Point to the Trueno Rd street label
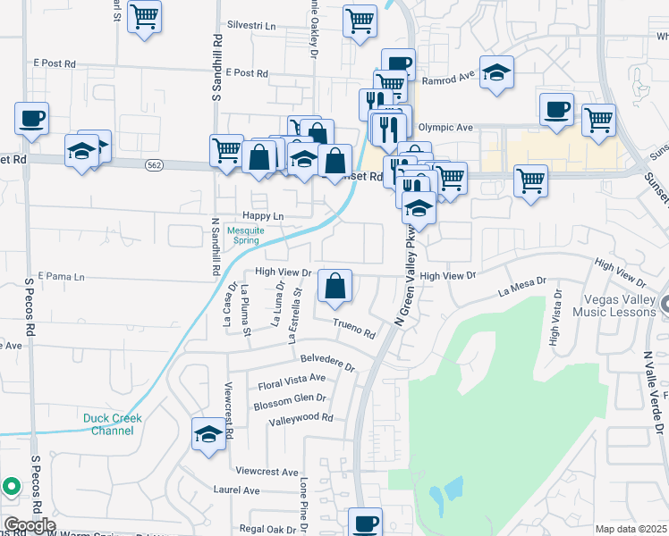pos(354,329)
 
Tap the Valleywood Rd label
pos(301,417)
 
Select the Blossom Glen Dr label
pos(290,398)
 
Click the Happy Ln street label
pos(263,216)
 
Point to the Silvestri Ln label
pos(252,26)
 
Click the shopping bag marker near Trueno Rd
pos(334,287)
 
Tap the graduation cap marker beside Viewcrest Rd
pos(208,435)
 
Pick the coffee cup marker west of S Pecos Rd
pos(31,118)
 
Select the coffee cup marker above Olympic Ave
pos(556,109)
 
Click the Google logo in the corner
pos(29,525)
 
